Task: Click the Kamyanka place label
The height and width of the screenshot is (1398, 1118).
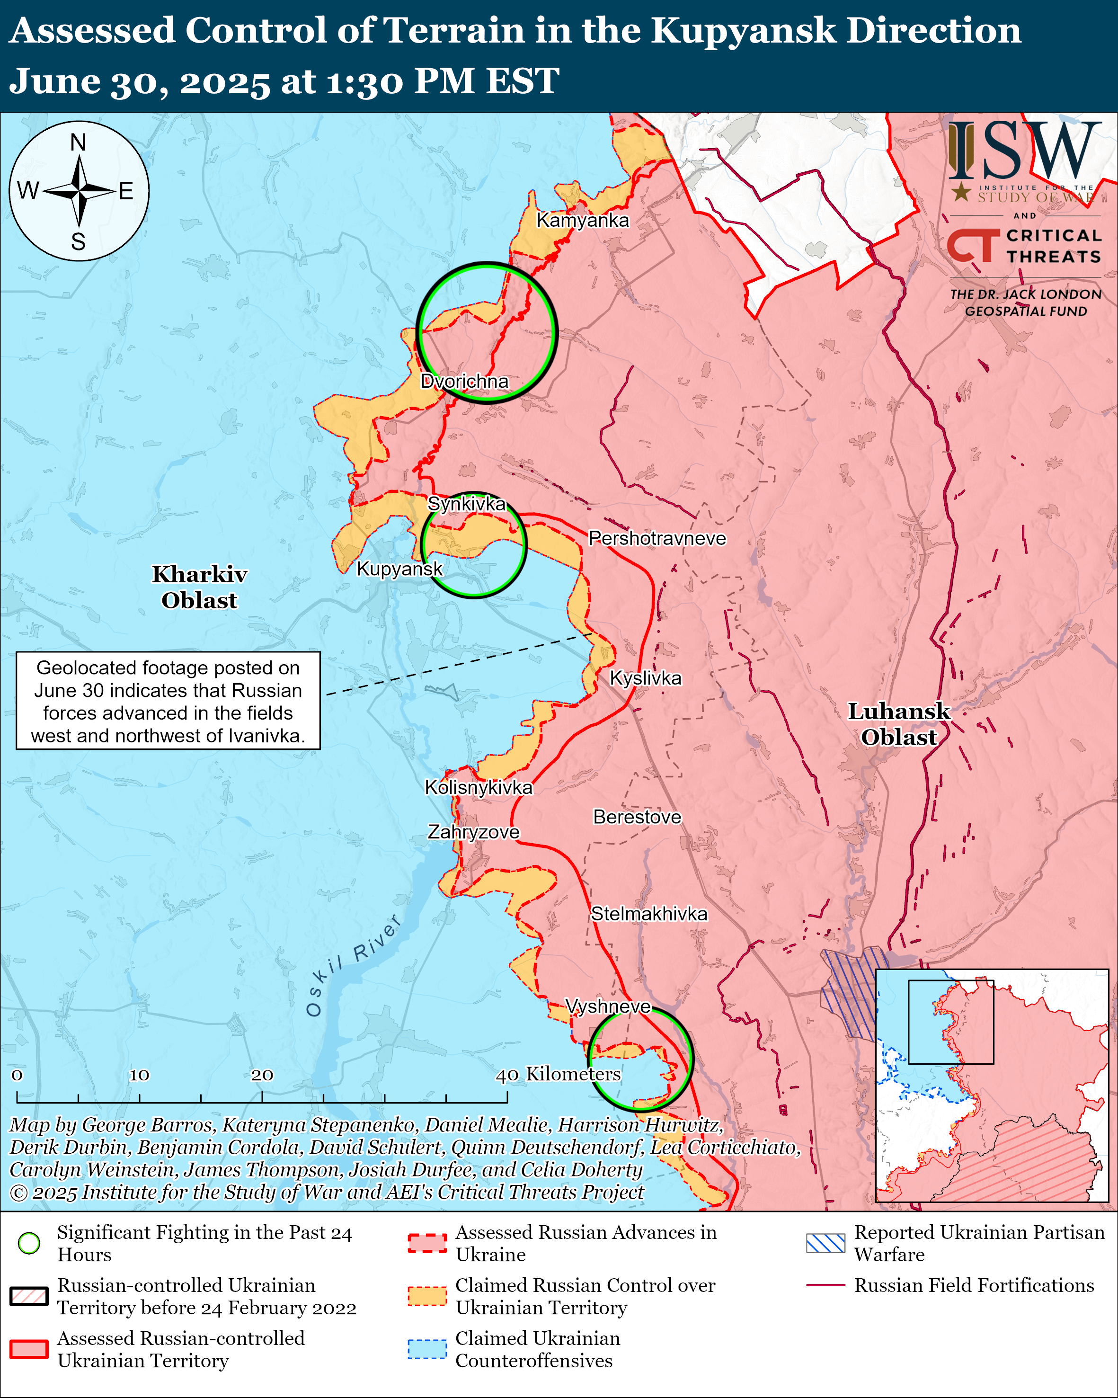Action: click(x=582, y=221)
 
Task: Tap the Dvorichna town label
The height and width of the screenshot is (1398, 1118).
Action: click(x=464, y=381)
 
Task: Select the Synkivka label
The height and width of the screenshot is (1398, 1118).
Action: click(x=467, y=503)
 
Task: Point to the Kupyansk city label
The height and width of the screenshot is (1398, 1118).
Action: click(x=399, y=569)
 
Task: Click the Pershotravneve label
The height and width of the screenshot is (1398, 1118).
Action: click(x=657, y=538)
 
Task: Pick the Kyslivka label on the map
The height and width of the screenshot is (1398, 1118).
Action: click(x=646, y=678)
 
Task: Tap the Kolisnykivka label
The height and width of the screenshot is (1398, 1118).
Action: click(x=479, y=787)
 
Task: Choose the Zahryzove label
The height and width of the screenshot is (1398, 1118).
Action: click(x=473, y=832)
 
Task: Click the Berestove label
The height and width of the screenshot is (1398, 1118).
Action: click(x=637, y=817)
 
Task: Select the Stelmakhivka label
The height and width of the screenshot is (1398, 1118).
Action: click(x=649, y=914)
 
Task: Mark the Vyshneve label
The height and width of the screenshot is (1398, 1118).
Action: click(x=607, y=1006)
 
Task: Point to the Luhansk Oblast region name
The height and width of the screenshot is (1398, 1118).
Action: click(x=898, y=724)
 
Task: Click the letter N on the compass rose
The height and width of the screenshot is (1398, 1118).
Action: click(x=79, y=142)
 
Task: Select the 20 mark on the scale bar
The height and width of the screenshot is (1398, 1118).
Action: click(x=262, y=1075)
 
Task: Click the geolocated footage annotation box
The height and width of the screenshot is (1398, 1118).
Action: click(x=168, y=701)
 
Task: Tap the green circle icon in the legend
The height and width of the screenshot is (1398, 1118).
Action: click(x=29, y=1243)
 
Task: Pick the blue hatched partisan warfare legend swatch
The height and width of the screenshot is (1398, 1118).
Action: click(x=825, y=1243)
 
